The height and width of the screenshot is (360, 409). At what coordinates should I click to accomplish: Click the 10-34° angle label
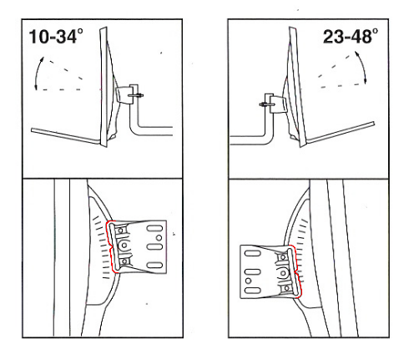(56, 37)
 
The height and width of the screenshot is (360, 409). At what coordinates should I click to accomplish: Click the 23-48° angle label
(351, 36)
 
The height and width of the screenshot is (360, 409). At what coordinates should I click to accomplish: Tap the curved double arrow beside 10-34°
(37, 73)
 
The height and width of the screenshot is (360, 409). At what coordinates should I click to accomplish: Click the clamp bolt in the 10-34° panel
(136, 95)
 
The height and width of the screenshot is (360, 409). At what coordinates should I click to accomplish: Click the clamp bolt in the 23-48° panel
(267, 104)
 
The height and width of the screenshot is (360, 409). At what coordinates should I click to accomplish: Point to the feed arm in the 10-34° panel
(65, 136)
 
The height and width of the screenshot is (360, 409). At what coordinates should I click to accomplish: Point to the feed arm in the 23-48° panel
(341, 133)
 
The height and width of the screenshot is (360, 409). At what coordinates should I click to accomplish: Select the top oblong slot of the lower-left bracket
(154, 229)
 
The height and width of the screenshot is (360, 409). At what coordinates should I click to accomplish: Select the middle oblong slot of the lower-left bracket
(154, 247)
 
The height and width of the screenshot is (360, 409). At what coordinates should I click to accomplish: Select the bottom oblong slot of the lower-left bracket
(154, 265)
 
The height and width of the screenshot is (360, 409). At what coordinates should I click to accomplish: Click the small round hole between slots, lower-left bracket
(159, 238)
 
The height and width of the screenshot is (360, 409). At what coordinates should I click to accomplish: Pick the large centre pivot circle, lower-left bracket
(124, 246)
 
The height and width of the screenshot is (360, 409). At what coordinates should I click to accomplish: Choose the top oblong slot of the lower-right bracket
(252, 253)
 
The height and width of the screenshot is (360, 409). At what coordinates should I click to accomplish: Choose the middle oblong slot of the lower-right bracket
(252, 271)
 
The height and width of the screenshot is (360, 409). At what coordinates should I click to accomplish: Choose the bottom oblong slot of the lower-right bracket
(252, 291)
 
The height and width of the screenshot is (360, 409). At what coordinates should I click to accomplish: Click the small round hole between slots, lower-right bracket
(249, 281)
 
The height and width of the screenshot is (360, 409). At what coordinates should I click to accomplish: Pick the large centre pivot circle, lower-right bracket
(283, 273)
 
